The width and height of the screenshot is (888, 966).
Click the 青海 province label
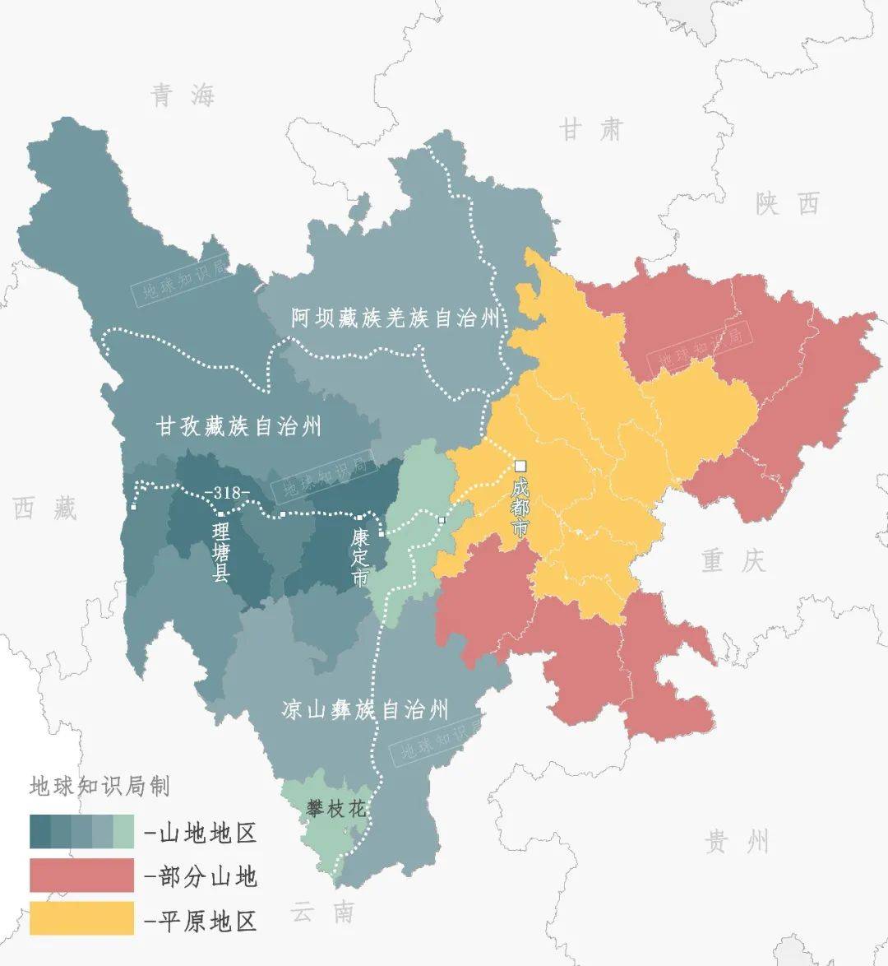(183, 95)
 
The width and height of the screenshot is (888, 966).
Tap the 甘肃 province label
(591, 129)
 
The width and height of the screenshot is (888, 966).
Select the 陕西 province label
(788, 203)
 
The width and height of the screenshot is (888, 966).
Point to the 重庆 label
(733, 561)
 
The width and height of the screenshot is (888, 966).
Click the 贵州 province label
(737, 842)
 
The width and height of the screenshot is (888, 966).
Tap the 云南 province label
(322, 912)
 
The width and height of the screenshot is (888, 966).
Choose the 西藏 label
(44, 509)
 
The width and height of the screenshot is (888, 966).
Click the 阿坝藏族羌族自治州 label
(395, 318)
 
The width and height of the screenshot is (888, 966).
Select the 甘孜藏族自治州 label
(238, 426)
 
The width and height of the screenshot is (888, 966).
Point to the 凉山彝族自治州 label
(364, 709)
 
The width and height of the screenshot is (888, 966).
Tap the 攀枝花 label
(335, 809)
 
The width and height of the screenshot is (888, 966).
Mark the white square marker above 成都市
(520, 465)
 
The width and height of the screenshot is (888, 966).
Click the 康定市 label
(360, 557)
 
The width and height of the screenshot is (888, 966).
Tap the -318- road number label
(230, 493)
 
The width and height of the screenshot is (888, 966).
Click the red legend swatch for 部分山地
(81, 875)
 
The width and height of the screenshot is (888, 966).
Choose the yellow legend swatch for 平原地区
(81, 918)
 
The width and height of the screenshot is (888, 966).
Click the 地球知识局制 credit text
(99, 786)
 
